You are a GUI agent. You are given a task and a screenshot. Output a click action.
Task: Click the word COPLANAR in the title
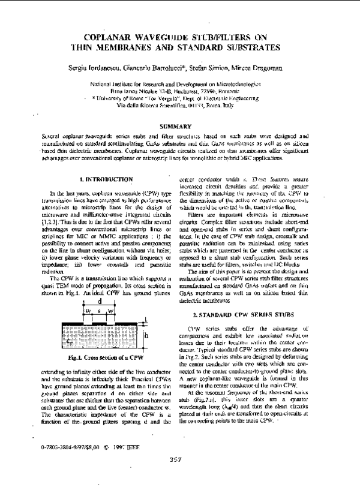110,37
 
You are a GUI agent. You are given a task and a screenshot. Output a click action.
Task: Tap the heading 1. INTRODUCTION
106,179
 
